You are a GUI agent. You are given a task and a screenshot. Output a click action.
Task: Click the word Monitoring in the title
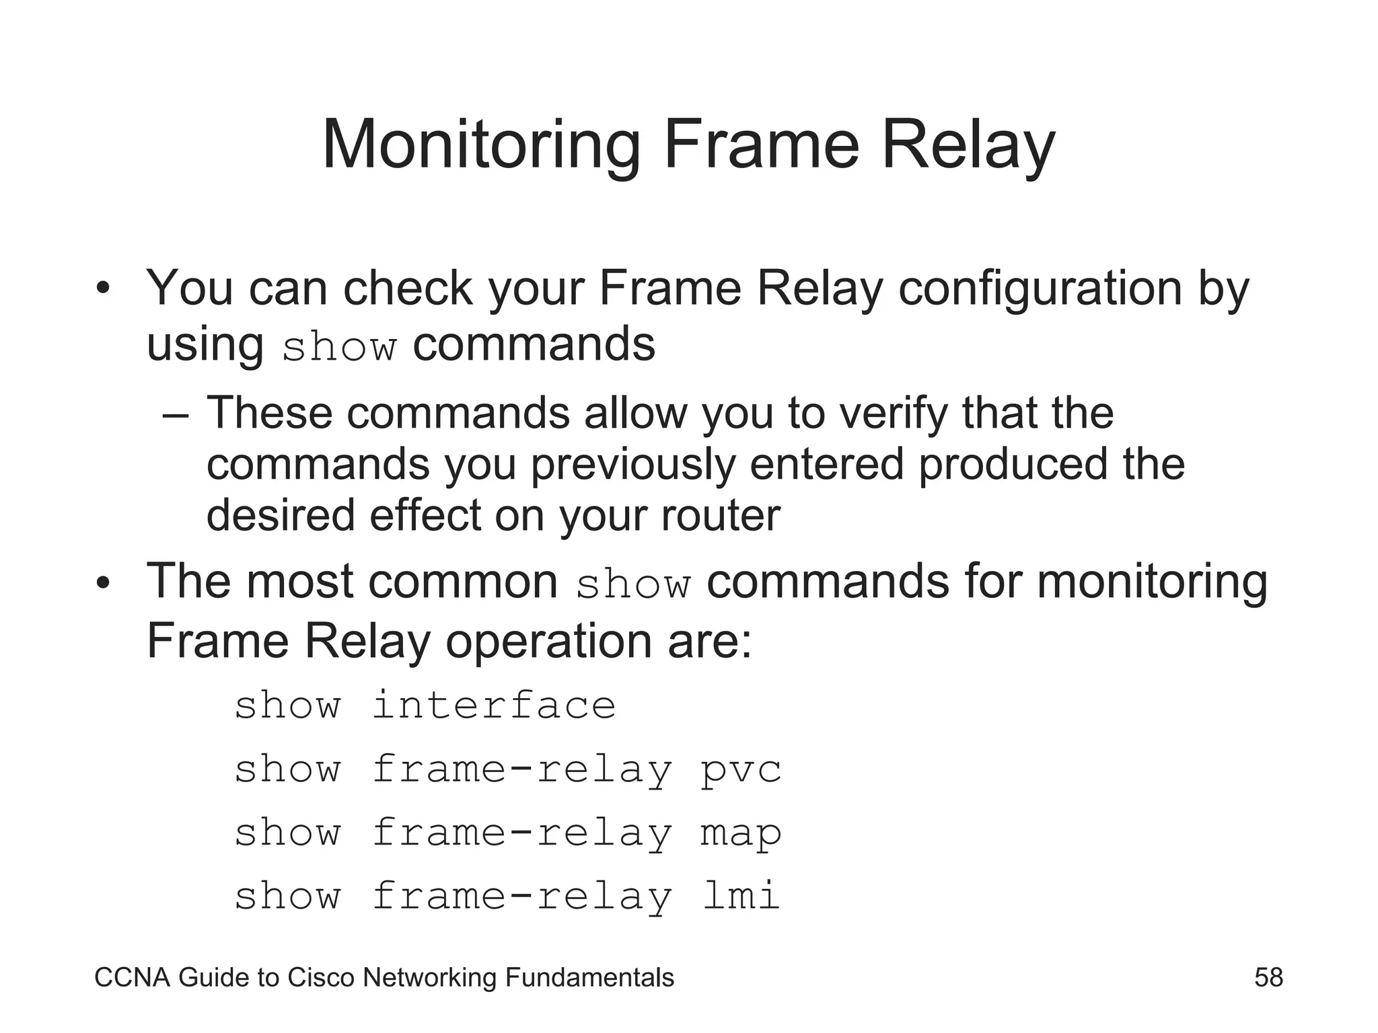pos(481,146)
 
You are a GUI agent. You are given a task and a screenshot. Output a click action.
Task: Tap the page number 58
pos(1268,977)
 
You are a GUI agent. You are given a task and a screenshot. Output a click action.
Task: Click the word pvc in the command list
pos(741,769)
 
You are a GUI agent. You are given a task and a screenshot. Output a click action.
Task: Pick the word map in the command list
pos(741,833)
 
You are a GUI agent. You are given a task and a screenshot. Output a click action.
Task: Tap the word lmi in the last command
pos(741,896)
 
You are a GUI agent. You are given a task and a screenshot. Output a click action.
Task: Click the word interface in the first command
pos(494,705)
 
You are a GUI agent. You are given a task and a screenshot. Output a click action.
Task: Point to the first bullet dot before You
pos(102,291)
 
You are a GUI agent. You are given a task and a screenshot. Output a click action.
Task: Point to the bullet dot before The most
pos(102,583)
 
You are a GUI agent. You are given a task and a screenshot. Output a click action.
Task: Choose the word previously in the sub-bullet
pos(632,465)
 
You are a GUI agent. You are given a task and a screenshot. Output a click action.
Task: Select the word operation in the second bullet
pos(548,640)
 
